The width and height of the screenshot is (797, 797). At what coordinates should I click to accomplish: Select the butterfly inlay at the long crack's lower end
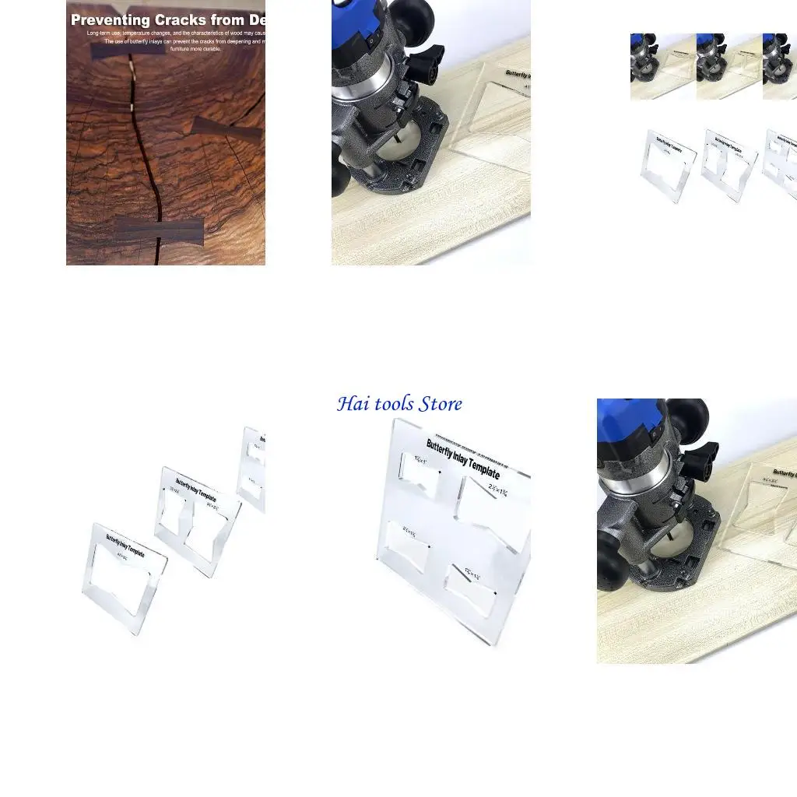(x=160, y=230)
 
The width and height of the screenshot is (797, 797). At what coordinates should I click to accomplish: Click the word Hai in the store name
(x=353, y=404)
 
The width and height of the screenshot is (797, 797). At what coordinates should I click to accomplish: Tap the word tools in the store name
(x=394, y=404)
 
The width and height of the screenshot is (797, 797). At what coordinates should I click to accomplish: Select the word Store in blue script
(x=441, y=404)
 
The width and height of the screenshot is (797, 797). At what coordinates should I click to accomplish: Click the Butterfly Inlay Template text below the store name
(x=462, y=459)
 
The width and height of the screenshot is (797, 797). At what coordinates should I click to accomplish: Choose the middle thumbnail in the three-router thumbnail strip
(x=729, y=66)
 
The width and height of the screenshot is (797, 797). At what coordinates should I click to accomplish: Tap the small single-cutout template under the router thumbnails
(x=668, y=165)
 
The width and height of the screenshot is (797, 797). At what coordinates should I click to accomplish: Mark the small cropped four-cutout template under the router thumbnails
(x=781, y=163)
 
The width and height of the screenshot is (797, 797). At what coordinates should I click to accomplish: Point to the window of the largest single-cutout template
(x=123, y=578)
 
